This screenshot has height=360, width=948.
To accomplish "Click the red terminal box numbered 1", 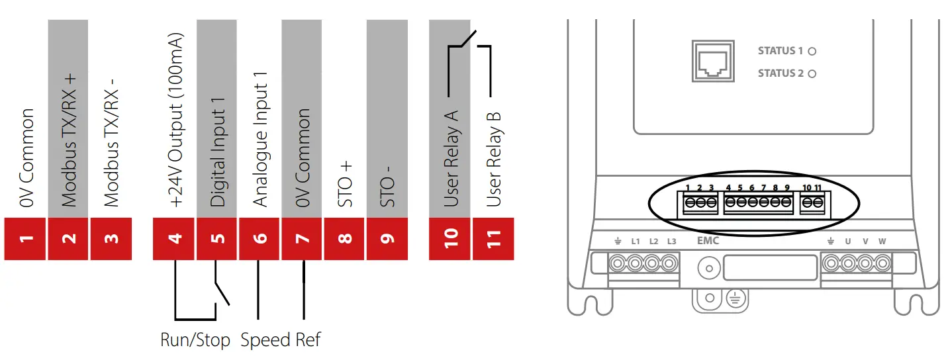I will pos(25,238).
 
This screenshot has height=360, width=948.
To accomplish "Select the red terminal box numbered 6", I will pos(260,238).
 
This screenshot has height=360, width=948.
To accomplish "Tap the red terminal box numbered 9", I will pos(387,238).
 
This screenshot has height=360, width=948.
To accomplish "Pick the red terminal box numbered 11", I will pos(493,238).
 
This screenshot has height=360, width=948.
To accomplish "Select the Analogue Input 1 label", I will pos(261,139).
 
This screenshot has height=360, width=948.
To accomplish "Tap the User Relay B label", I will pos(493,159).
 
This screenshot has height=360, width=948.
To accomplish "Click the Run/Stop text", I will pos(195,341).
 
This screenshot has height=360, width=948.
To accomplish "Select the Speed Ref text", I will pos(280,341).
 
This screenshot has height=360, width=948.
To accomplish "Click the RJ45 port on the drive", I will pos(712,61).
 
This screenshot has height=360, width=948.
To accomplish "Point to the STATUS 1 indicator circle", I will pos(812,51).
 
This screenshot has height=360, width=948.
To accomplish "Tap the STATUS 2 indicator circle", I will pos(812,73).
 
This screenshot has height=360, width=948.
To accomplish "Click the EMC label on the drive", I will pos(708,242).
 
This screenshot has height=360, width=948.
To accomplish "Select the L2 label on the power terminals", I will pos(653,242).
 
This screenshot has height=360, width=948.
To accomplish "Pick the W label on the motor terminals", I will pos(882,242).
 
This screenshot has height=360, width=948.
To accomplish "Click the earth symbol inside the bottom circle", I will pos(734,298).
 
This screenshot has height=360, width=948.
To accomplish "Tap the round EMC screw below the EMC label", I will pos(709,268).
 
